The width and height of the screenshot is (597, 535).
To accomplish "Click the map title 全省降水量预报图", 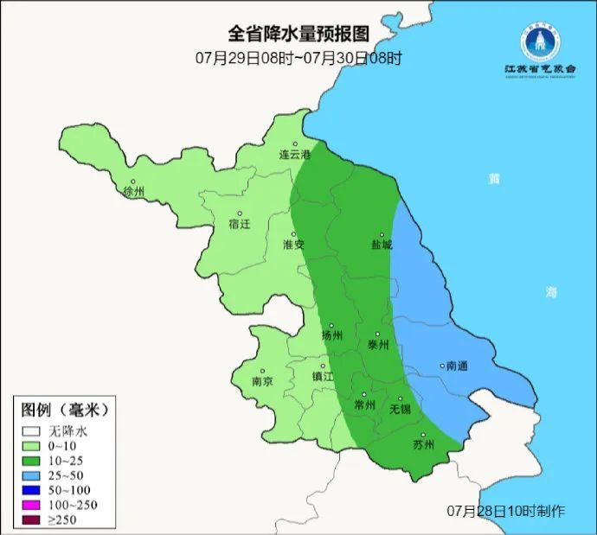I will point(298,34).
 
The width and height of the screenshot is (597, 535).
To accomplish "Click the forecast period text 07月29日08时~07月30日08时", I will point(298,58).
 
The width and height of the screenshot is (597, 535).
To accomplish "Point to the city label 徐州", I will point(134,191).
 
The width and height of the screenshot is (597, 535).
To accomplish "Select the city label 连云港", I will point(294,155).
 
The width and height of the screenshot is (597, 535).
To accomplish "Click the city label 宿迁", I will point(240,223).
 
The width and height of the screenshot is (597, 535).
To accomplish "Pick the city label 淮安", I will point(293,245).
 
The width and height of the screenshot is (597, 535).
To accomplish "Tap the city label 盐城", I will point(381,245).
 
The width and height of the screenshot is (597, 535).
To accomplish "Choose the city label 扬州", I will point(331,335).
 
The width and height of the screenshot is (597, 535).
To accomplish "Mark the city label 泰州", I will point(378,344).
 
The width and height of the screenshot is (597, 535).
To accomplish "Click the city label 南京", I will point(261,381).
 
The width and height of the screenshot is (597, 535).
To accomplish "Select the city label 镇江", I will point(322,377).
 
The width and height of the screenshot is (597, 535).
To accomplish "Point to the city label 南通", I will point(456,366).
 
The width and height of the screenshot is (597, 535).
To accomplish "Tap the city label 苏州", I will point(424,446).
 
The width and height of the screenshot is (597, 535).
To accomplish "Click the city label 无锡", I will point(400,408).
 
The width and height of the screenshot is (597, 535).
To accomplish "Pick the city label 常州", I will point(365,404).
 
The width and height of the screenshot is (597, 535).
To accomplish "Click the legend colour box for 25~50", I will point(33,474).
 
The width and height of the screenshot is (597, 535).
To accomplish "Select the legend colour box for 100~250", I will point(33,504).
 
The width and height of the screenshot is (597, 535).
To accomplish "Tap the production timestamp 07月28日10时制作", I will point(506,511).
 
